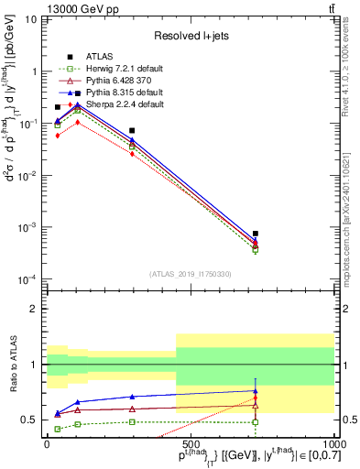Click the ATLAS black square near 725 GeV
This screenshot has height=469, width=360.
tap(256, 234)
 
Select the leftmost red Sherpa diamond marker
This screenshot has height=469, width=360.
tap(58, 135)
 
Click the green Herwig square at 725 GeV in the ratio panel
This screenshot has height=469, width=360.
tap(256, 422)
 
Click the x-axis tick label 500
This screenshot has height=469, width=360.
tap(190, 442)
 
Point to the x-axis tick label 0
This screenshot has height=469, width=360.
tap(47, 442)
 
